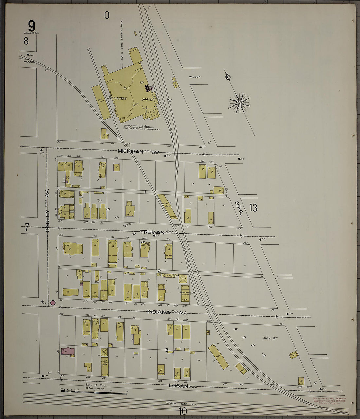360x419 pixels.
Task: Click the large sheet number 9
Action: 31,26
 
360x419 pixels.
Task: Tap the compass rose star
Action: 239,103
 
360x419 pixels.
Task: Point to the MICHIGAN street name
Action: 131,151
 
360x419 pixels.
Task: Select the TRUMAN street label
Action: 152,232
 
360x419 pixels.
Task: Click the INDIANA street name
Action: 158,312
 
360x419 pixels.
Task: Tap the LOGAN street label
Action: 178,386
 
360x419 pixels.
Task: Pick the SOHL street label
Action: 239,208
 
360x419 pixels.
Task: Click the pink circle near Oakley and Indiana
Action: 53,303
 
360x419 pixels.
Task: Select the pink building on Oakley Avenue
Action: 68,351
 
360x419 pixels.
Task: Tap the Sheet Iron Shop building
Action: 105,366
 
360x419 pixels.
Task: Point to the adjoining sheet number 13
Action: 253,207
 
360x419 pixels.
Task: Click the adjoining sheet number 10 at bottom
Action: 182,411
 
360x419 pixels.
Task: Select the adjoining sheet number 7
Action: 27,227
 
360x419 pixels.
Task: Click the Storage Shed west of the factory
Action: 101,102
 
